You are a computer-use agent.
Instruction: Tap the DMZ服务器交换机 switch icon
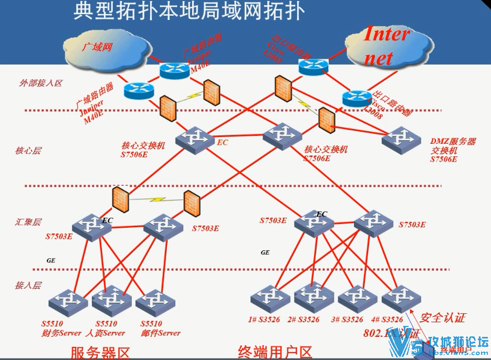point(401,139)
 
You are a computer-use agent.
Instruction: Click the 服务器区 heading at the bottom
point(100,352)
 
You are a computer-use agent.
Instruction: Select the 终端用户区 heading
point(275,352)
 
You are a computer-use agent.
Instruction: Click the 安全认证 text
point(443,317)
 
